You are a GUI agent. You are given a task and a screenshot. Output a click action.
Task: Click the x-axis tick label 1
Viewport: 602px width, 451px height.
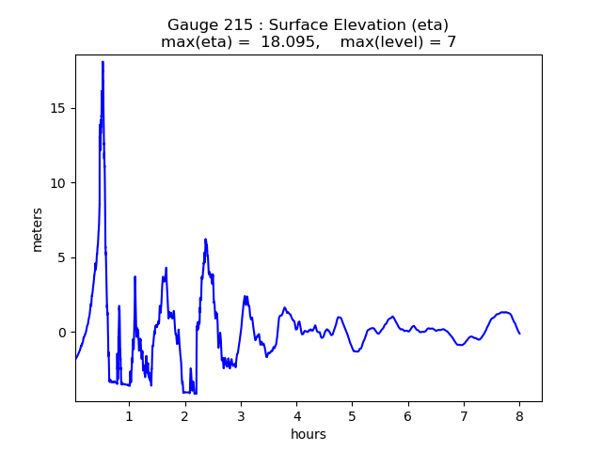click(x=130, y=415)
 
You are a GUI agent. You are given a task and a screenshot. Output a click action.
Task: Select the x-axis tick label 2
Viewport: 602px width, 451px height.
click(x=185, y=415)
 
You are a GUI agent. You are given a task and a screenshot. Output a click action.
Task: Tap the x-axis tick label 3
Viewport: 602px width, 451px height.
click(x=241, y=415)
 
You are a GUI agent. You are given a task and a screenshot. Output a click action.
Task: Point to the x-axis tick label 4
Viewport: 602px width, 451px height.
click(x=296, y=415)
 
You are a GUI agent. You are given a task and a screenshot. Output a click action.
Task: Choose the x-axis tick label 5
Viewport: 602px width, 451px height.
click(x=352, y=415)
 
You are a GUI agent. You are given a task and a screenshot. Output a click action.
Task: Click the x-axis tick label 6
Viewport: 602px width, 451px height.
click(x=408, y=415)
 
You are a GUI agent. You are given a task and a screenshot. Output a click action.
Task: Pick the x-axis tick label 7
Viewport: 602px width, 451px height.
click(x=464, y=415)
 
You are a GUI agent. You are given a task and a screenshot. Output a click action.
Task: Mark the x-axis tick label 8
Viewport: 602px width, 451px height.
click(x=519, y=415)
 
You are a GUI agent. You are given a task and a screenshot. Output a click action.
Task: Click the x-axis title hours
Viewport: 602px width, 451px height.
click(x=309, y=434)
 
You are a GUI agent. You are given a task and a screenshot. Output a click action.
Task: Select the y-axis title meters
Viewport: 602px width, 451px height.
click(x=38, y=229)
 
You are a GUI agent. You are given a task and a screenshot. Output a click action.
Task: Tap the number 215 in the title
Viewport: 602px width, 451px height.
click(x=231, y=25)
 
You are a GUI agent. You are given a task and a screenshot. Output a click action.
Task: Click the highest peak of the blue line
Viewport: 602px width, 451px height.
click(x=103, y=62)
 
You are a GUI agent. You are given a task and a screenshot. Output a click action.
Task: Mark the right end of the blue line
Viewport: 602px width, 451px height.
click(x=519, y=334)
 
